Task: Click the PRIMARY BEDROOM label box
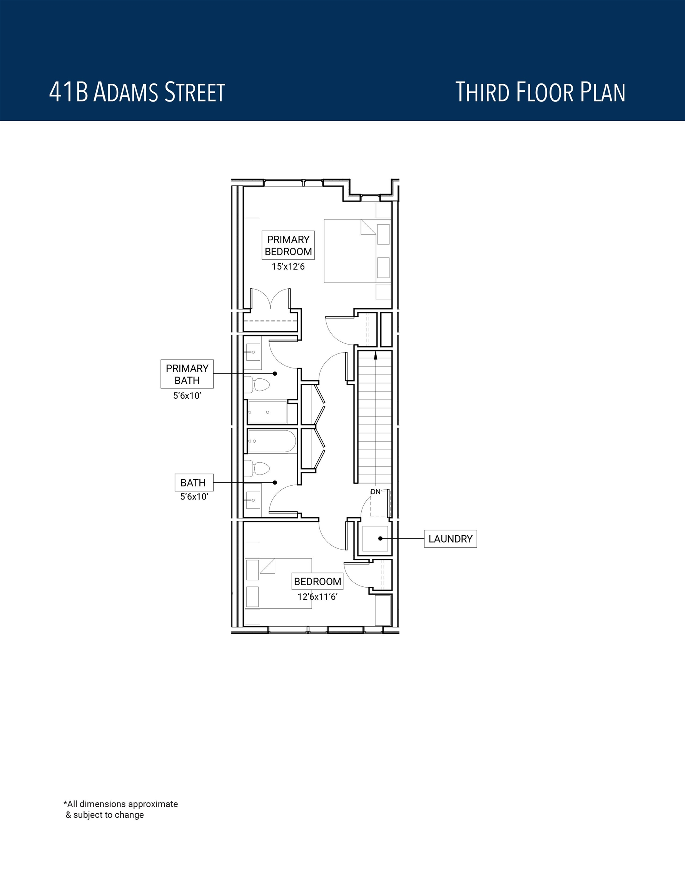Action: point(288,245)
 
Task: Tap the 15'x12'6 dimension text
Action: point(288,266)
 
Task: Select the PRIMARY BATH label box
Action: point(187,374)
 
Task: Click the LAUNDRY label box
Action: point(450,539)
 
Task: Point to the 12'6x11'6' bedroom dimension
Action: point(317,597)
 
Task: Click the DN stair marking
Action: point(375,492)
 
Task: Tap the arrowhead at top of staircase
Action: point(376,355)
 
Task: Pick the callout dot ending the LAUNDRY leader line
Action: point(381,539)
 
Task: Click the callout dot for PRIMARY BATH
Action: point(275,374)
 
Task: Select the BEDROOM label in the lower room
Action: point(317,581)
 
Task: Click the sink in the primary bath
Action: point(252,353)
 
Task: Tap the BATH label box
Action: point(193,483)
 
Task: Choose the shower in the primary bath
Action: point(267,412)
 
